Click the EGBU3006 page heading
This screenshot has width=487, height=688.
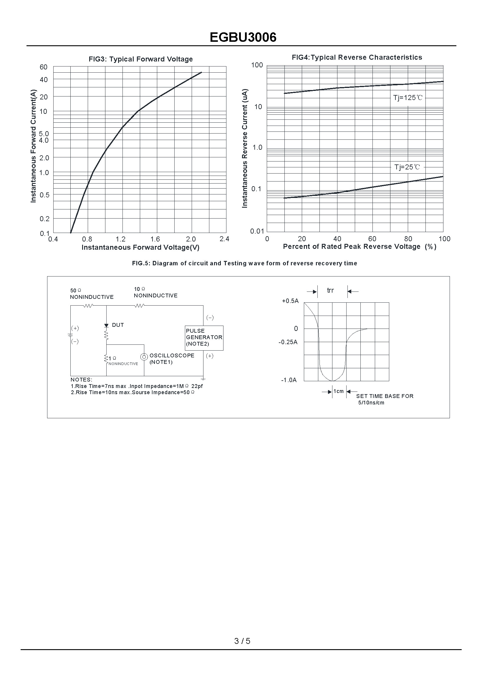click(x=243, y=37)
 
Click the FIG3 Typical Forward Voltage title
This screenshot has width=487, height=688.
click(x=140, y=59)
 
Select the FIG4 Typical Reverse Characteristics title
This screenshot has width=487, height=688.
click(x=357, y=57)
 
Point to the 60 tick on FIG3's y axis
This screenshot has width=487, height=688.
click(x=44, y=67)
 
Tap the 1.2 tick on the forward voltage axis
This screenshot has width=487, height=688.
click(x=120, y=239)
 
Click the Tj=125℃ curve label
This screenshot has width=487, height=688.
click(x=408, y=98)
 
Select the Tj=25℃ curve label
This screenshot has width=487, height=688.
click(x=407, y=167)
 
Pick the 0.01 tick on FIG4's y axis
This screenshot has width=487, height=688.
click(x=257, y=231)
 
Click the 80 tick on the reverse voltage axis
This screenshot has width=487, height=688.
click(x=408, y=239)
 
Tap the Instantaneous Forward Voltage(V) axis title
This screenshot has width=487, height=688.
click(x=140, y=247)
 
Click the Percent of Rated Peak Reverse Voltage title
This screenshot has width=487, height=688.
click(x=359, y=246)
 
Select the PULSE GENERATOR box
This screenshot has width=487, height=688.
click(x=204, y=338)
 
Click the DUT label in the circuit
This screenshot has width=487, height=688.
click(x=118, y=325)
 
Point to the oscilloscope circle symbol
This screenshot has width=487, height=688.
click(x=144, y=357)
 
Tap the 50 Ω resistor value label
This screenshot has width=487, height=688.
click(x=76, y=291)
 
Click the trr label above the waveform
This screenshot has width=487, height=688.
click(x=330, y=290)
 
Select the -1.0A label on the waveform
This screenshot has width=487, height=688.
click(x=289, y=380)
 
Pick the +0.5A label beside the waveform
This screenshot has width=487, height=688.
click(x=290, y=301)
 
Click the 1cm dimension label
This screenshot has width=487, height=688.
click(x=339, y=391)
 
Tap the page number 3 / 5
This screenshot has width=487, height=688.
click(x=242, y=641)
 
